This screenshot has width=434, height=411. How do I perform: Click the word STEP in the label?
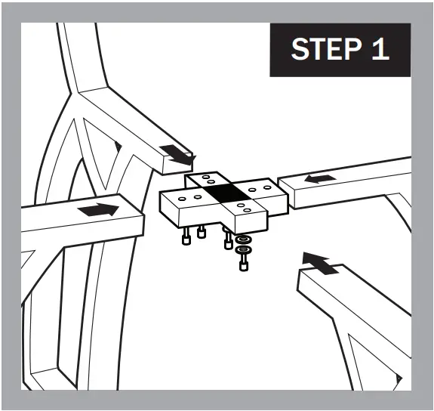coord(326,48)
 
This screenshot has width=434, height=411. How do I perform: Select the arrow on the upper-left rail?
coord(178,155)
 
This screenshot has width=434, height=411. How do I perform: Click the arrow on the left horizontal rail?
coord(98,209)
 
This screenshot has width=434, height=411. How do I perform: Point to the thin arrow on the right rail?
coord(320,179)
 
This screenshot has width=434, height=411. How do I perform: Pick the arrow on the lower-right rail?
coord(319,263)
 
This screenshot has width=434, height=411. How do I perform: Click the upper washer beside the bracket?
coord(243,239)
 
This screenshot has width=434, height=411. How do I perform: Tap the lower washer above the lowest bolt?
coord(243,250)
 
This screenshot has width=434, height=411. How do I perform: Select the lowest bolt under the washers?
coord(243,263)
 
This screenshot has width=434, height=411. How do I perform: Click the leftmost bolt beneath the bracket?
coord(186,236)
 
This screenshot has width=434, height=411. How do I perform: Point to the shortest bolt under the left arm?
coord(201,231)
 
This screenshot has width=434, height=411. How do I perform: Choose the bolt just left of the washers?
coord(227,238)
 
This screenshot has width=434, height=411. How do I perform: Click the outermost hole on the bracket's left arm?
coord(182,199)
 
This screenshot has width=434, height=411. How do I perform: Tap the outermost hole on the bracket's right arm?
coord(267,187)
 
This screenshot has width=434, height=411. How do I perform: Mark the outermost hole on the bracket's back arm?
coord(205,177)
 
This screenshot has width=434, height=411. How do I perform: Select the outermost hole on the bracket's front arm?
coord(247,210)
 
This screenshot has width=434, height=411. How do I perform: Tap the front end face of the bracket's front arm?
coord(251,222)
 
